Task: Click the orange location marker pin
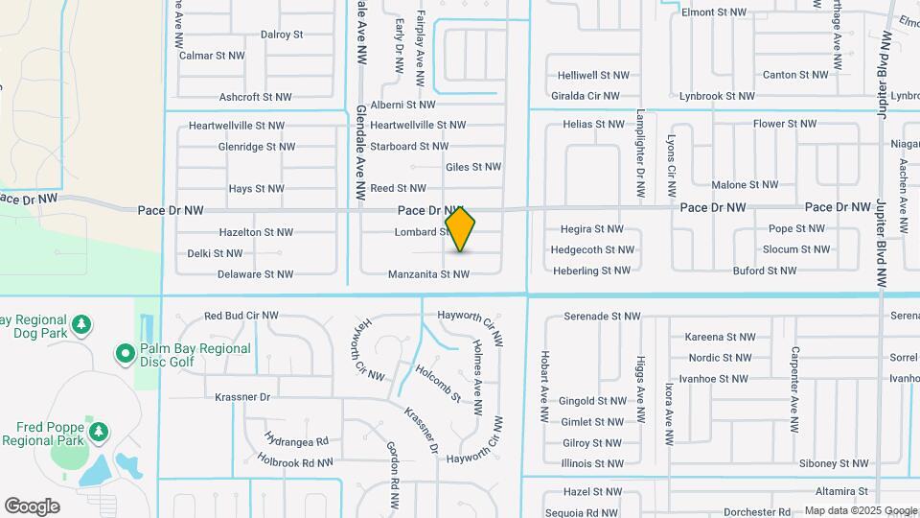pyautogui.click(x=460, y=228)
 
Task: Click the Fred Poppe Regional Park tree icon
pyautogui.click(x=99, y=433)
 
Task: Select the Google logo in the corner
pyautogui.click(x=32, y=506)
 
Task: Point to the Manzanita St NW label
pyautogui.click(x=428, y=274)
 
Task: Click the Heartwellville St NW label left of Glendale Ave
pyautogui.click(x=237, y=126)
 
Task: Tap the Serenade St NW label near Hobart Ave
pyautogui.click(x=602, y=316)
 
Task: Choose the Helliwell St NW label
pyautogui.click(x=593, y=75)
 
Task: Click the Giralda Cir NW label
pyautogui.click(x=586, y=96)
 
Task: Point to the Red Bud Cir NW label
pyautogui.click(x=241, y=316)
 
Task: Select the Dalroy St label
pyautogui.click(x=282, y=35)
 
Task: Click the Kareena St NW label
pyautogui.click(x=721, y=337)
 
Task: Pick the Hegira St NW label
pyautogui.click(x=590, y=229)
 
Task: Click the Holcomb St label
pyautogui.click(x=438, y=383)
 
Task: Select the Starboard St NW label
pyautogui.click(x=409, y=147)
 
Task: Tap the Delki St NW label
pyautogui.click(x=215, y=253)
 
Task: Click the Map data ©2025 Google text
pyautogui.click(x=860, y=510)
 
